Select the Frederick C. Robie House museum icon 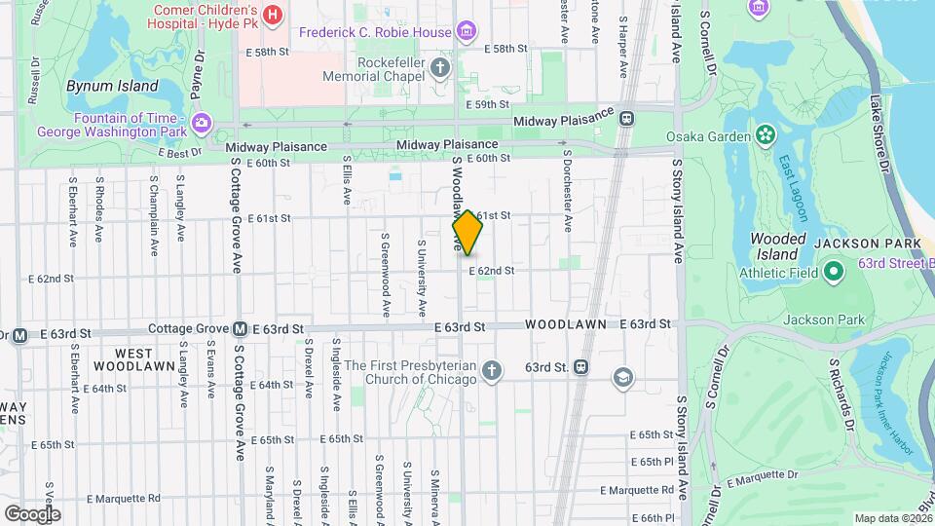click(467, 31)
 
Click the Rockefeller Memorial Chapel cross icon click(440, 67)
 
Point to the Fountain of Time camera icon click(202, 122)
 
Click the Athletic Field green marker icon click(833, 271)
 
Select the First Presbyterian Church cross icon click(493, 370)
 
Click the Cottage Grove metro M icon click(240, 329)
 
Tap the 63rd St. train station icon click(580, 367)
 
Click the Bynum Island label click(112, 86)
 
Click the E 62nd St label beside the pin click(491, 271)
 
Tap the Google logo click(32, 513)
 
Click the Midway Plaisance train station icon click(625, 119)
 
